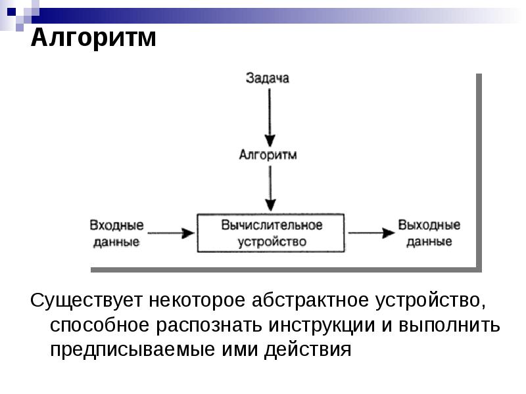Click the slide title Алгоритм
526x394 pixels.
click(x=94, y=38)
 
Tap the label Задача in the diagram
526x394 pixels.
click(x=268, y=78)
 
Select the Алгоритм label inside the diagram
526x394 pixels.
click(x=268, y=156)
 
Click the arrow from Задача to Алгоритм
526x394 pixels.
click(x=268, y=115)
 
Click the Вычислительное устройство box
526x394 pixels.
click(x=272, y=232)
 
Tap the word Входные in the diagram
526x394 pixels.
click(x=116, y=225)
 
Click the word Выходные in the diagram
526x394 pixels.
click(x=429, y=225)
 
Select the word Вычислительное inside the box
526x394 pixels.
click(x=272, y=225)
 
